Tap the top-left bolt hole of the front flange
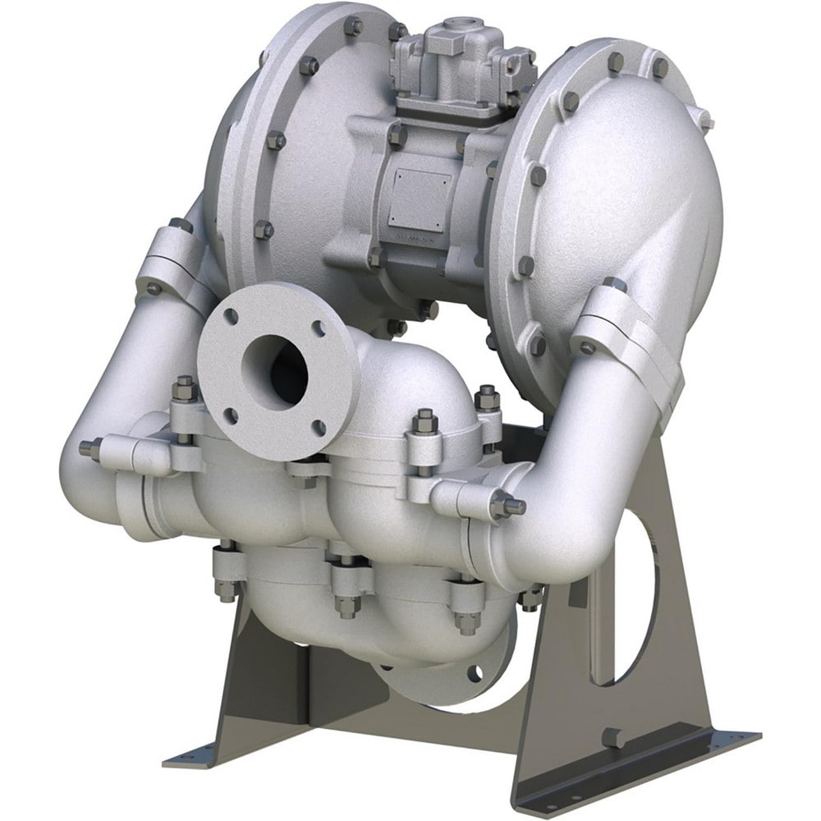[x=232, y=316]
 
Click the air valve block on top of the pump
[x=450, y=66]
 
